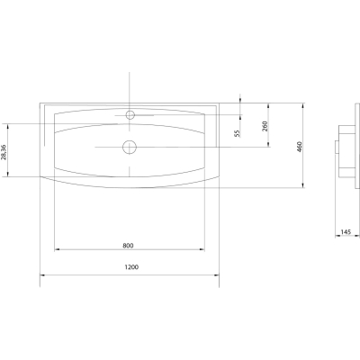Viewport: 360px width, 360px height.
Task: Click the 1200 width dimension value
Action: pos(131,266)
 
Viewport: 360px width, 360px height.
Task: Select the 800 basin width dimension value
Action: pos(128,246)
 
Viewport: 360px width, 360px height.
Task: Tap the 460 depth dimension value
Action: pos(300,147)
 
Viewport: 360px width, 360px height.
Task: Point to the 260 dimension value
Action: pos(265,127)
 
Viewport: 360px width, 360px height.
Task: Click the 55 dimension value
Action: pos(238,133)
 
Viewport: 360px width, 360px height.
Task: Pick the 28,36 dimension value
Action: pos(4,152)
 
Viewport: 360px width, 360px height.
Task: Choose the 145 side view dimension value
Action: pos(346,232)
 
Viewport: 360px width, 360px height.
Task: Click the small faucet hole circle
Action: pos(130,114)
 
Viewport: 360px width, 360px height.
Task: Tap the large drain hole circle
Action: pos(130,147)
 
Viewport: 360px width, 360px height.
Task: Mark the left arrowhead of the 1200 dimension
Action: pos(42,274)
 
